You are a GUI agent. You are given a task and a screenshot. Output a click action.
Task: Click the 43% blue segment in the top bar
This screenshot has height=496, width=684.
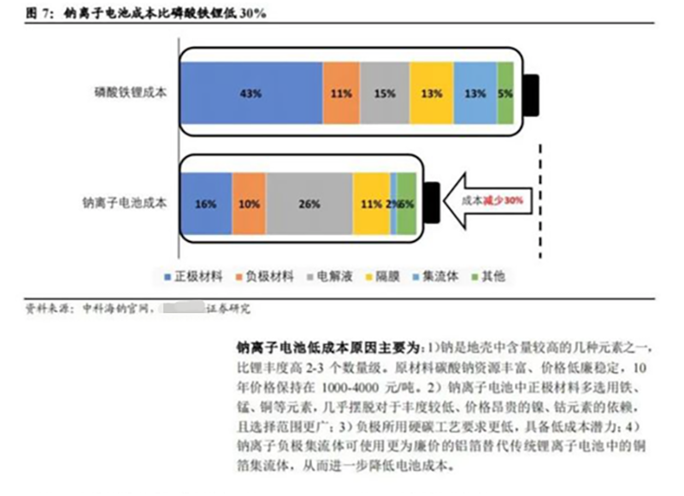tap(250, 93)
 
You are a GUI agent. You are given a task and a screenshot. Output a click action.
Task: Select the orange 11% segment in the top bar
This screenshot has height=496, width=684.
tap(340, 93)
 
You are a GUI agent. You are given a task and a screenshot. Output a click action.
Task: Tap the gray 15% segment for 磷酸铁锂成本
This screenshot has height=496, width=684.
tap(384, 93)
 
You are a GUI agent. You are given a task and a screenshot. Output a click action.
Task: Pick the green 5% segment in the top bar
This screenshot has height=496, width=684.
tap(505, 93)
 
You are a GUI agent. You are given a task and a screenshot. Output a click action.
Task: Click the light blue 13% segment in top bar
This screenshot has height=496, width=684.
tap(475, 93)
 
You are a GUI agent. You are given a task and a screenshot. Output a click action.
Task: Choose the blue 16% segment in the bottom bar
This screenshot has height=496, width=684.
tap(205, 204)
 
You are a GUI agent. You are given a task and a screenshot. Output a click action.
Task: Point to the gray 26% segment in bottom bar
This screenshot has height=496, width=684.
tap(309, 204)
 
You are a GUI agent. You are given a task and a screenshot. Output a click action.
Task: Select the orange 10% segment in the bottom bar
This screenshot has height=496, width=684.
tap(249, 204)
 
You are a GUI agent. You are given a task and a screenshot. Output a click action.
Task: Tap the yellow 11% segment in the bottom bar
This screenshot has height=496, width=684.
tap(371, 204)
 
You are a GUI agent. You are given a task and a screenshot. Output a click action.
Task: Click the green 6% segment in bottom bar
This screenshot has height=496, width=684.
tap(407, 204)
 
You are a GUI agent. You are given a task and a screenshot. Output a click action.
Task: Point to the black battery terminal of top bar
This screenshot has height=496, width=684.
tap(532, 94)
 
